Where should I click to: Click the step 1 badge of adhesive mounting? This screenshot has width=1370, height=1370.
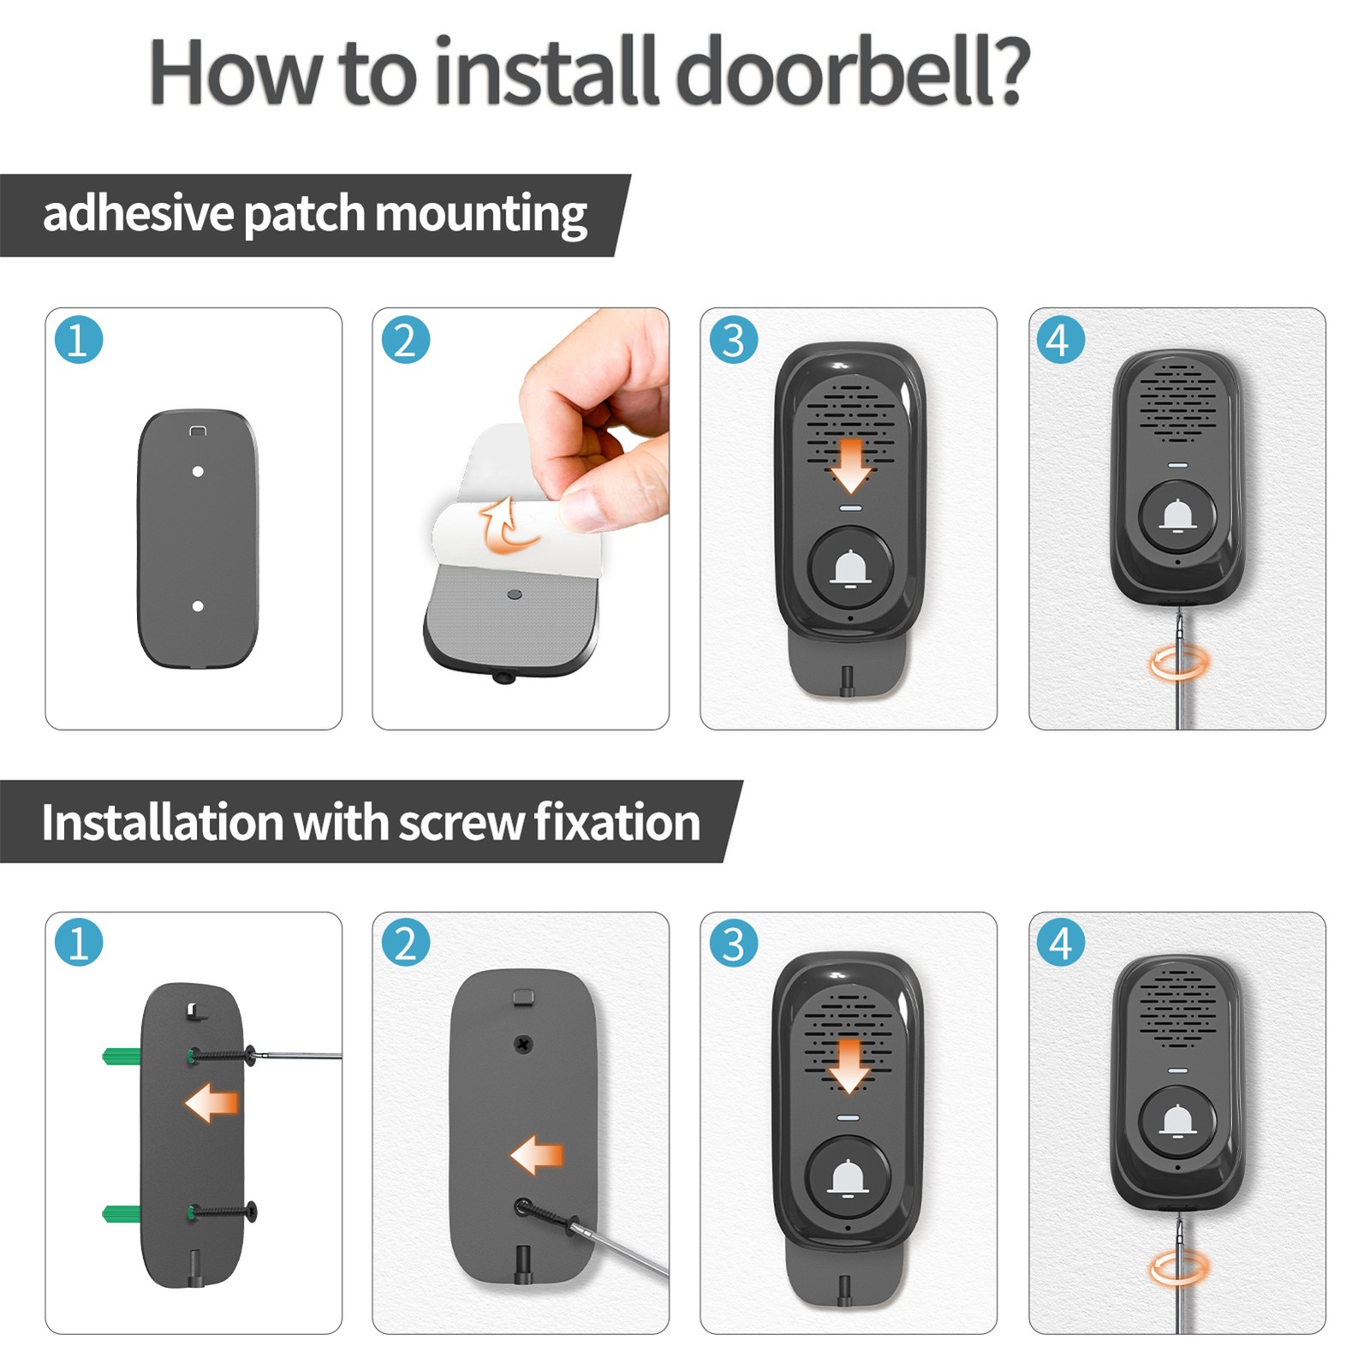79,340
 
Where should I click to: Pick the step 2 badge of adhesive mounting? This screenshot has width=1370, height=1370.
406,340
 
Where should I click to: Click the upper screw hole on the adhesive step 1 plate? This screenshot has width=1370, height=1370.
198,472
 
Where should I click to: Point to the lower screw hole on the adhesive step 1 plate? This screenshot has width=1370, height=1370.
198,606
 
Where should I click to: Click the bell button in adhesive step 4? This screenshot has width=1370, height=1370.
1178,517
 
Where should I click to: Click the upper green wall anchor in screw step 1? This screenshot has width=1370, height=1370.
122,1056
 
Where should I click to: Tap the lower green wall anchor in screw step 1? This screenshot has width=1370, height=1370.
122,1212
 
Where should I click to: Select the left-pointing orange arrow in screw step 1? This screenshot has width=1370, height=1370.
211,1103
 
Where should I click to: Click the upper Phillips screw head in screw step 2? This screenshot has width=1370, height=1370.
523,1045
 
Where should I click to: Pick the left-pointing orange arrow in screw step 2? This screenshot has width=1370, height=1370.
537,1155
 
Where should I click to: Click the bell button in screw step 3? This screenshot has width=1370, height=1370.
849,1179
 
